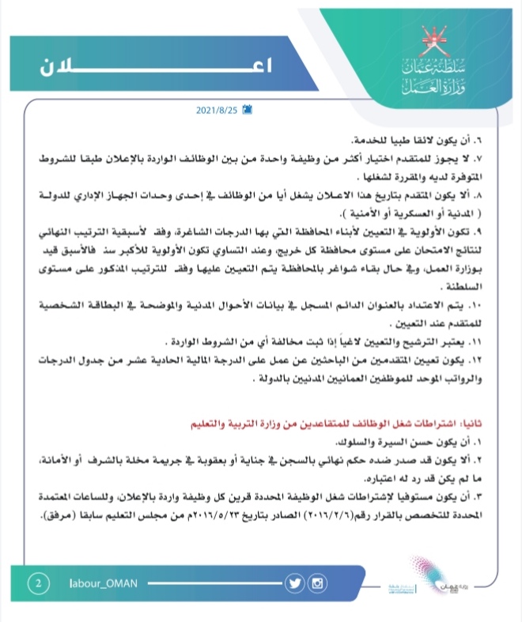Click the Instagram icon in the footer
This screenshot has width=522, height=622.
[318, 584]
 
